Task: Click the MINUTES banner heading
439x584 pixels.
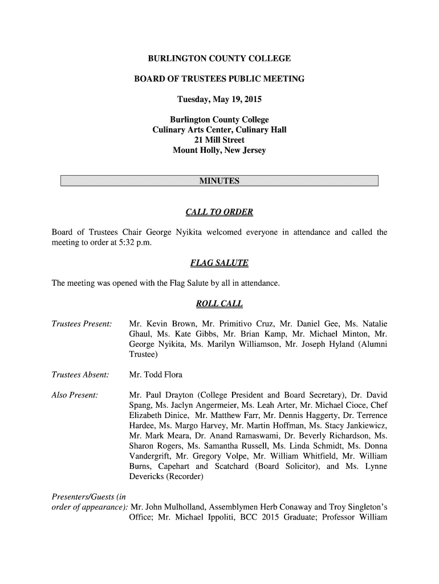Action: pyautogui.click(x=219, y=181)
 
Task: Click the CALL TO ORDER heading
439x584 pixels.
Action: pyautogui.click(x=219, y=213)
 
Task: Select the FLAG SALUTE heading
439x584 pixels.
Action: pyautogui.click(x=219, y=263)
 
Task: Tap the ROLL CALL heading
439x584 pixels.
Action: pyautogui.click(x=219, y=303)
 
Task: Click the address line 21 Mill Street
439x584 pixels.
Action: pyautogui.click(x=219, y=140)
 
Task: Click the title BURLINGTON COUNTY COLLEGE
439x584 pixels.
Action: pyautogui.click(x=219, y=59)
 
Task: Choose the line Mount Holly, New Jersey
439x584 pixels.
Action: pyautogui.click(x=219, y=151)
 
